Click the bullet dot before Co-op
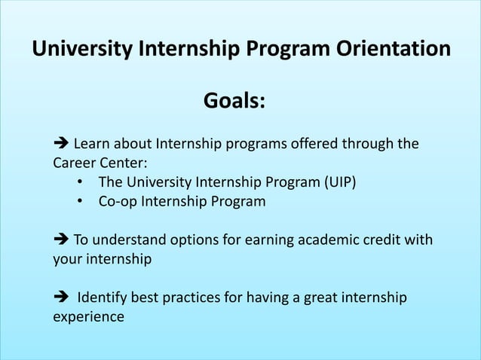click(80, 202)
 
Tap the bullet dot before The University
click(80, 183)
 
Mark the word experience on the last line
click(87, 317)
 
